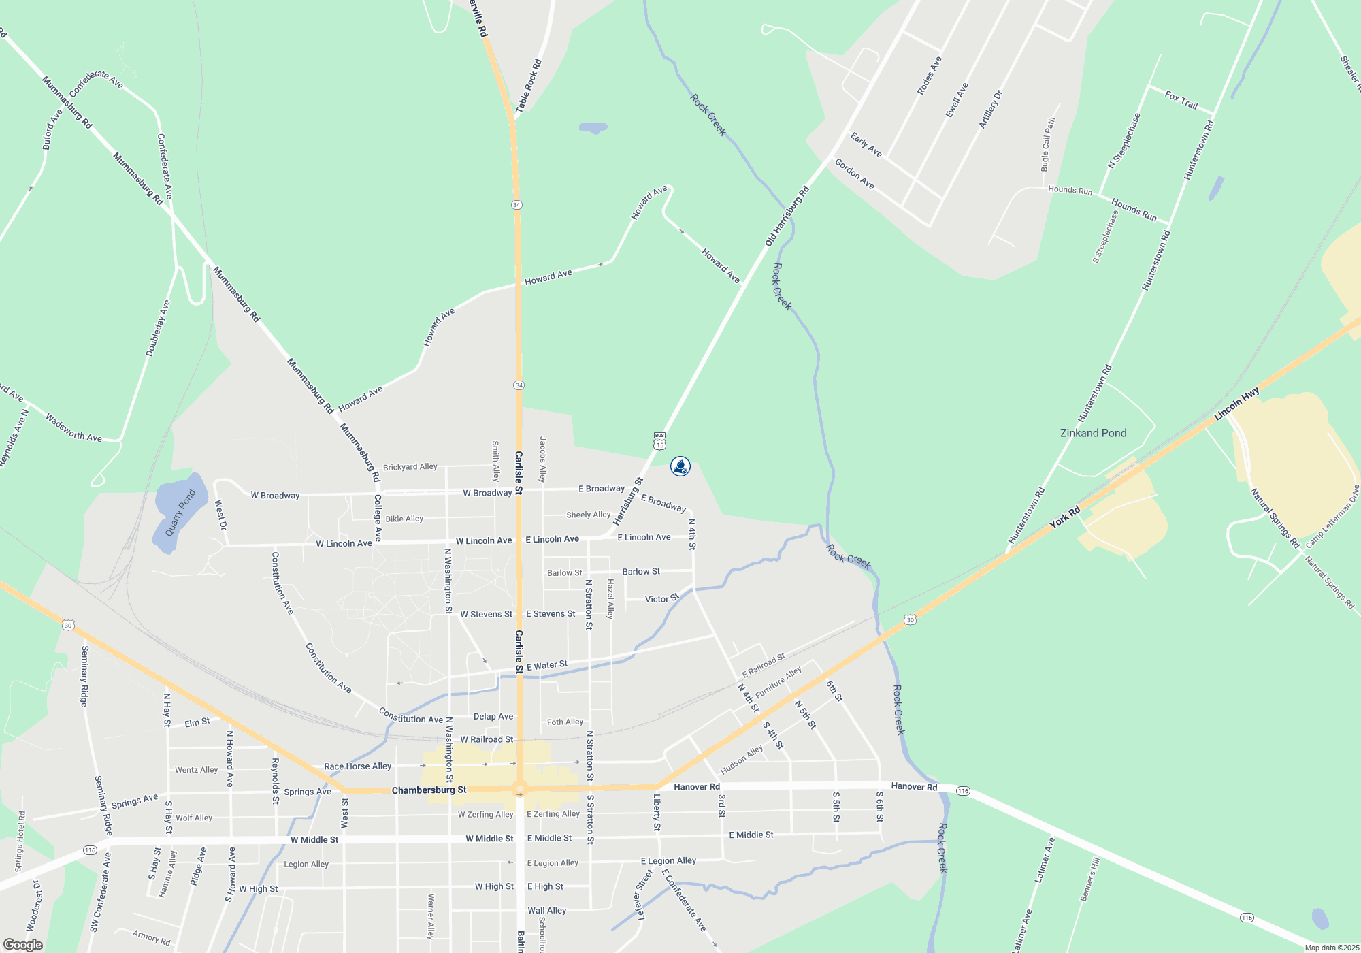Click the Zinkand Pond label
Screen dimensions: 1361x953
(x=1093, y=433)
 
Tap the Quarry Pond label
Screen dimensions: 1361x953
(x=180, y=513)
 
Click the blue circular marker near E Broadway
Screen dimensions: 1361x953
(x=680, y=466)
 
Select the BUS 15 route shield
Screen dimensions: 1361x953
(x=659, y=440)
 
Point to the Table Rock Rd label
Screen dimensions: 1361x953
(x=529, y=86)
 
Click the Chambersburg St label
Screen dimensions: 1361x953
(x=429, y=790)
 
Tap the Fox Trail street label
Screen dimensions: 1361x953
(x=1181, y=100)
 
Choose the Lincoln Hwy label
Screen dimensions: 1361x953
(x=1236, y=404)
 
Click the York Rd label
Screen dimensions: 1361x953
(x=1064, y=517)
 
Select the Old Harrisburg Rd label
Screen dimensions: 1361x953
(x=787, y=216)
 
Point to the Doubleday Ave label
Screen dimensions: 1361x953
(x=158, y=328)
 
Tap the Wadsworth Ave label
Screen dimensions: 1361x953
(x=73, y=427)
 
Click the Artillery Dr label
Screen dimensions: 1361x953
(x=990, y=109)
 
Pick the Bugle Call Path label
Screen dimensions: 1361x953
(x=1047, y=144)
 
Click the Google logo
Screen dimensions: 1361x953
(x=23, y=945)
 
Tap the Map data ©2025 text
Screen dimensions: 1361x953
(x=1332, y=948)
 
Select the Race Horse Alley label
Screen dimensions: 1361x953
(x=357, y=766)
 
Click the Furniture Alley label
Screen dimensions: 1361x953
(x=778, y=682)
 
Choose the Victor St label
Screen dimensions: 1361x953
(x=661, y=598)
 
